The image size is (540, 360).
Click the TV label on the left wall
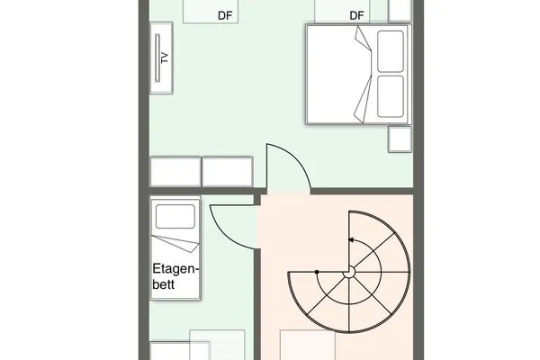point(165,58)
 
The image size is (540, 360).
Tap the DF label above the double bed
point(356,15)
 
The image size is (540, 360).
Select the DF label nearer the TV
point(225,15)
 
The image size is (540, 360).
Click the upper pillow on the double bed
point(391,51)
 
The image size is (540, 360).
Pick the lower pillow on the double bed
point(391,97)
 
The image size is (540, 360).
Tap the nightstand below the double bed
point(400,139)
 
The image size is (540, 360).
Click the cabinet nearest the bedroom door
point(228,172)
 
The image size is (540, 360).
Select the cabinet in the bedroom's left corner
point(175,172)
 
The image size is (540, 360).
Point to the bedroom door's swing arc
point(297,158)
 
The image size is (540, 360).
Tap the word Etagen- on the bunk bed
point(175,269)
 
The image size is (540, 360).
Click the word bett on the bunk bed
point(164,284)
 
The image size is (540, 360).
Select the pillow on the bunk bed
point(175,216)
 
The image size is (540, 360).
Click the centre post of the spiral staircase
point(349,273)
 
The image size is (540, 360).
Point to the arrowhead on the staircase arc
point(351,239)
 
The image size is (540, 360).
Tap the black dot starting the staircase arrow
point(317,272)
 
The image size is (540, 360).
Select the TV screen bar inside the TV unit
point(157,58)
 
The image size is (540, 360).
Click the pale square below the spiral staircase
point(308,346)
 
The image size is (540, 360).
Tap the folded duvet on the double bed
point(364,75)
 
